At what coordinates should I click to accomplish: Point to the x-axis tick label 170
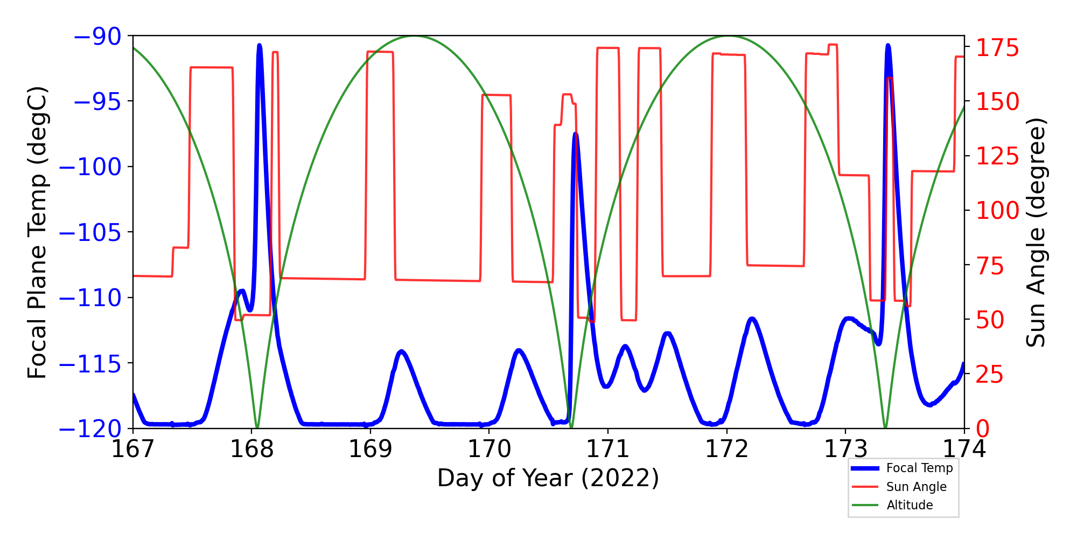(489, 449)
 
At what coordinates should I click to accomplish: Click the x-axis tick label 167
(133, 449)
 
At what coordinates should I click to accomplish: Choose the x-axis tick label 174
(964, 449)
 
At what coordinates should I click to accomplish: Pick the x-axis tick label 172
(726, 449)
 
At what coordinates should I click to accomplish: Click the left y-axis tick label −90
(97, 37)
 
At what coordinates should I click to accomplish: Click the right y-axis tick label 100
(998, 211)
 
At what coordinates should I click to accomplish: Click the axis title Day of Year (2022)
(548, 478)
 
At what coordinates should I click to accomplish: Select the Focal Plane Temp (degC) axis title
(38, 232)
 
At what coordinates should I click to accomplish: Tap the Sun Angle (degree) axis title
(1036, 232)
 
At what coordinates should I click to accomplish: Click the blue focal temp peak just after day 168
(260, 46)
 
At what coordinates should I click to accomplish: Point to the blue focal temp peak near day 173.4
(887, 46)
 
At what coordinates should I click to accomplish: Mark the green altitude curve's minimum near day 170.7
(571, 427)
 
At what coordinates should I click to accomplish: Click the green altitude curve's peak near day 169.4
(414, 37)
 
